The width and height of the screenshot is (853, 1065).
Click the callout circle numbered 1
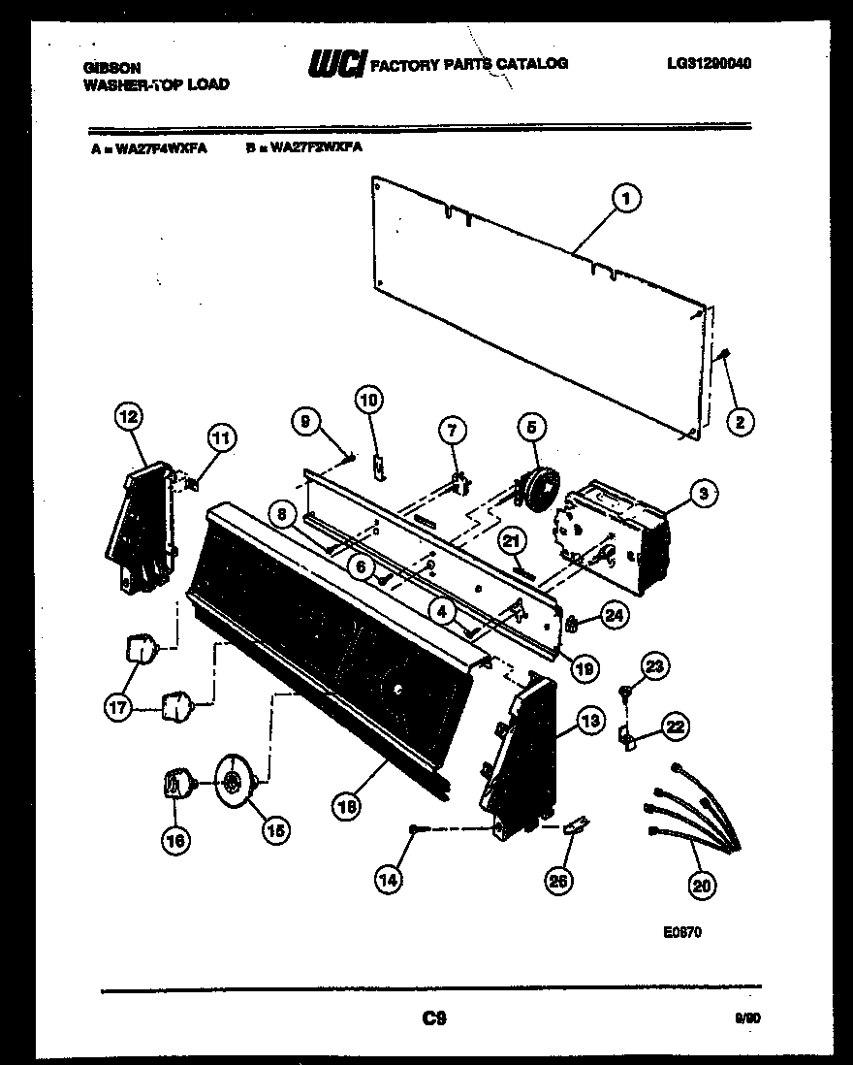(x=625, y=198)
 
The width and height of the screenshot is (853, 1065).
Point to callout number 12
(x=127, y=417)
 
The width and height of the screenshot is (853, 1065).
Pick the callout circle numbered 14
(x=389, y=881)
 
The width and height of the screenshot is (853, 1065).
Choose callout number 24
(x=612, y=612)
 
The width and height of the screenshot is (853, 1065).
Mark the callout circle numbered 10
(x=370, y=398)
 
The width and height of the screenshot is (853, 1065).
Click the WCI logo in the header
(x=335, y=64)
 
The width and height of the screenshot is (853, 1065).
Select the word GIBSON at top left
(x=112, y=68)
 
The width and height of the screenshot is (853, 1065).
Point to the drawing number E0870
(x=682, y=932)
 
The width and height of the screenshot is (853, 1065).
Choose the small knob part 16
(x=175, y=782)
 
